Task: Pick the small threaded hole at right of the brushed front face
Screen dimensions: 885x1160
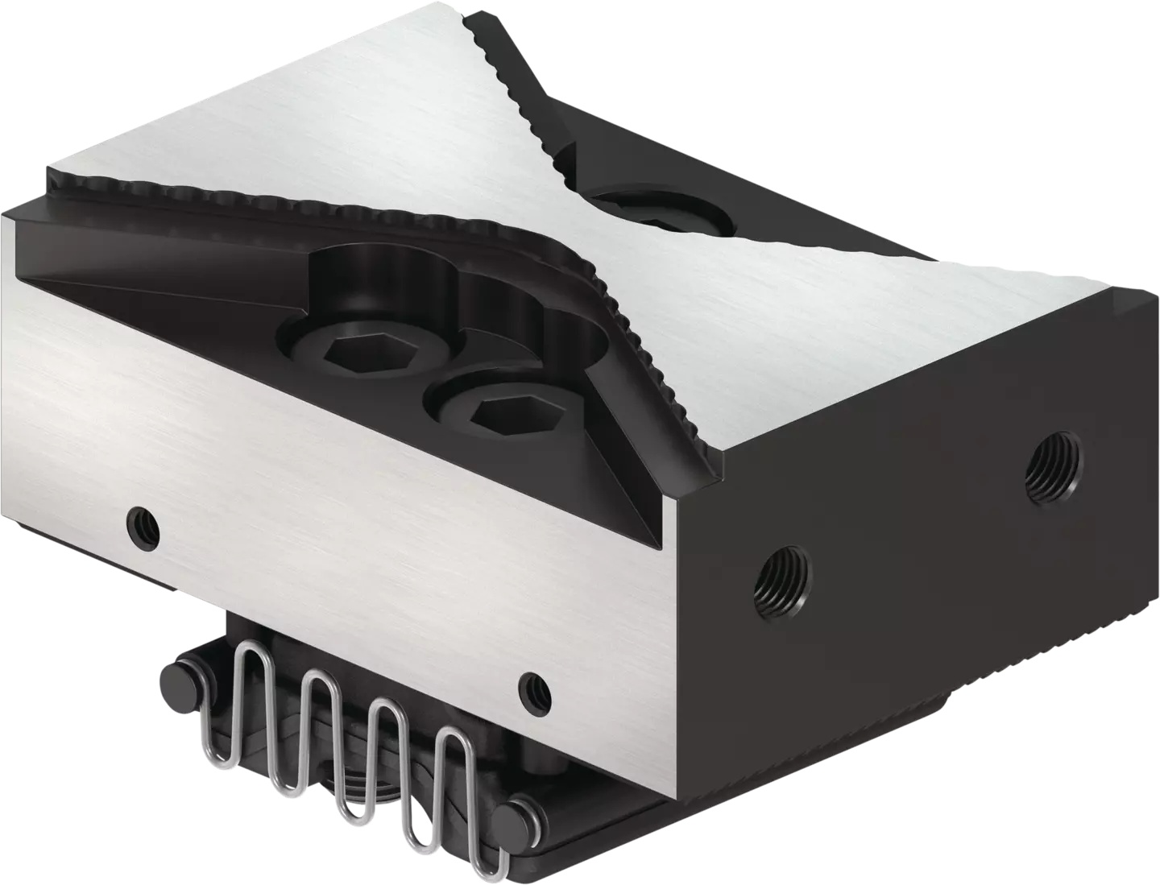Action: (x=534, y=689)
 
